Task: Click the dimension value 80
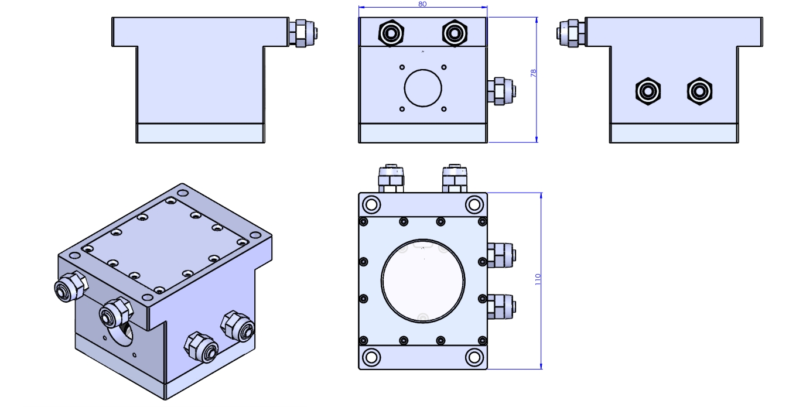click(x=422, y=4)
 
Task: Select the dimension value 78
click(x=533, y=73)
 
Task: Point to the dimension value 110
click(x=538, y=279)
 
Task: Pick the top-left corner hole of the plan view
click(x=371, y=204)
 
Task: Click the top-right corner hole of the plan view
click(x=473, y=204)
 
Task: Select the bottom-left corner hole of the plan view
click(x=371, y=357)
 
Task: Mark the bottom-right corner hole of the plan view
click(x=473, y=357)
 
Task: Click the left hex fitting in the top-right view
click(x=648, y=92)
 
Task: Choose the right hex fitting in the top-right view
click(x=699, y=92)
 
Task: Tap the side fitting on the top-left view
click(x=305, y=33)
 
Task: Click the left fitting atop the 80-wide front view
click(x=391, y=33)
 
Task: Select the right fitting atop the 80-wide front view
click(x=454, y=33)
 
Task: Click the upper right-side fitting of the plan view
click(x=501, y=255)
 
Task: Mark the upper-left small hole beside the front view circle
click(x=402, y=67)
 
